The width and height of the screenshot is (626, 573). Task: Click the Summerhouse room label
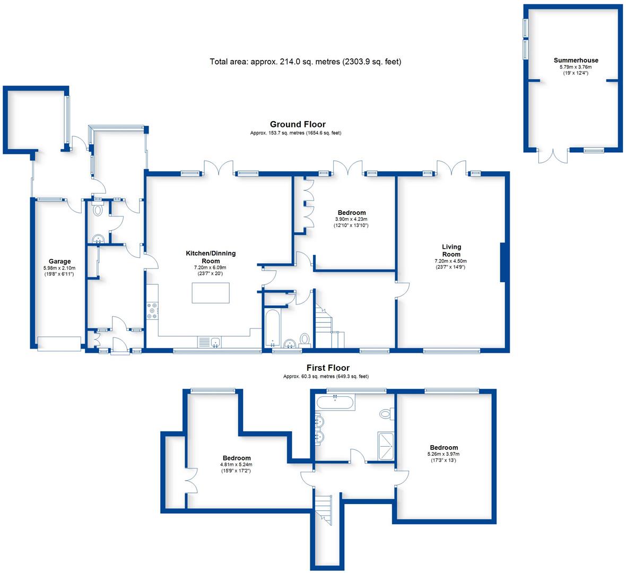point(576,60)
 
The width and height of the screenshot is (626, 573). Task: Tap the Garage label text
point(59,262)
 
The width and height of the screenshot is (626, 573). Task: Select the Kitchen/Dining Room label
point(211,257)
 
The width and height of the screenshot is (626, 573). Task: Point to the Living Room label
point(451,250)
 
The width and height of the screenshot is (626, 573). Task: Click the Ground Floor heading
point(298,124)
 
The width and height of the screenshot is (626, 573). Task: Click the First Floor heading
point(328,368)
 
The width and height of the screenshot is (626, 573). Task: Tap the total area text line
point(306,62)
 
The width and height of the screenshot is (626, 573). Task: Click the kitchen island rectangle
point(211,293)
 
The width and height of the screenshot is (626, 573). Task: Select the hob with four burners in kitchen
point(152,311)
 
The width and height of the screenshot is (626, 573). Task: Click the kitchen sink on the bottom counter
point(215,342)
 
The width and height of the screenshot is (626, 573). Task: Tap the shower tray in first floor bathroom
point(385,446)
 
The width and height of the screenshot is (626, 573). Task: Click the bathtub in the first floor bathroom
point(335,402)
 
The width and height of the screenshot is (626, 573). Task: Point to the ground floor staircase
point(329,325)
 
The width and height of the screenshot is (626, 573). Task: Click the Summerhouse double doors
point(553,156)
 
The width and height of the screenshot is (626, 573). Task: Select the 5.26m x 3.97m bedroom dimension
point(443,454)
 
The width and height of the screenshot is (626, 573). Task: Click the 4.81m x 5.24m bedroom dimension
point(236,464)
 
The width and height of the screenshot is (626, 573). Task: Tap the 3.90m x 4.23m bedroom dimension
point(351,219)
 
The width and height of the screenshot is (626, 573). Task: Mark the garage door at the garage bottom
point(59,344)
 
